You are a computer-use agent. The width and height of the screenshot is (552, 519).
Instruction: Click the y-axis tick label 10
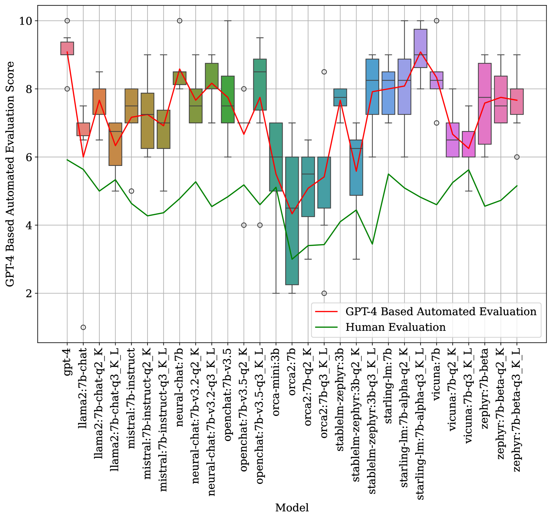pyautogui.click(x=27, y=21)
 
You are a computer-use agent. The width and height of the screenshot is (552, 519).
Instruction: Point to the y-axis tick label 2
pyautogui.click(x=30, y=293)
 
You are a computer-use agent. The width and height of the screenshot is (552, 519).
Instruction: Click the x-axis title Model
pyautogui.click(x=292, y=508)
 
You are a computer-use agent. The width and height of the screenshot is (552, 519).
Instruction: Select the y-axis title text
pyautogui.click(x=10, y=174)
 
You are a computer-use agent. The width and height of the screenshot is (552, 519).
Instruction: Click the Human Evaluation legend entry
pyautogui.click(x=395, y=327)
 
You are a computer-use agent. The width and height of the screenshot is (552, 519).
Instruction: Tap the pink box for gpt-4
pyautogui.click(x=67, y=48)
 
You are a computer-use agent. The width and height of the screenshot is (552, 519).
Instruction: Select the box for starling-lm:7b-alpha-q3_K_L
pyautogui.click(x=420, y=48)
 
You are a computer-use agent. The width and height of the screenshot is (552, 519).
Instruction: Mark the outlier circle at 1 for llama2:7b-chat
pyautogui.click(x=83, y=327)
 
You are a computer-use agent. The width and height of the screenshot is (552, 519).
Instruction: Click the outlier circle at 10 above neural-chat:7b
pyautogui.click(x=180, y=21)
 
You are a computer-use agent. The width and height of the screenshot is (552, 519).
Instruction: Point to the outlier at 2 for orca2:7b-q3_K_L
pyautogui.click(x=324, y=293)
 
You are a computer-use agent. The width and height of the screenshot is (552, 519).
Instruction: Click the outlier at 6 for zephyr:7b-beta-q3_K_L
pyautogui.click(x=517, y=157)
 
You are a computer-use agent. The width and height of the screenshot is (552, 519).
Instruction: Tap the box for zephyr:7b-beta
pyautogui.click(x=485, y=104)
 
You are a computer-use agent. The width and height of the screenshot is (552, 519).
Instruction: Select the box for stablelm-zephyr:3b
pyautogui.click(x=340, y=97)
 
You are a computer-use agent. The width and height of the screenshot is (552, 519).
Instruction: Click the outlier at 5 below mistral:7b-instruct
pyautogui.click(x=132, y=191)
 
